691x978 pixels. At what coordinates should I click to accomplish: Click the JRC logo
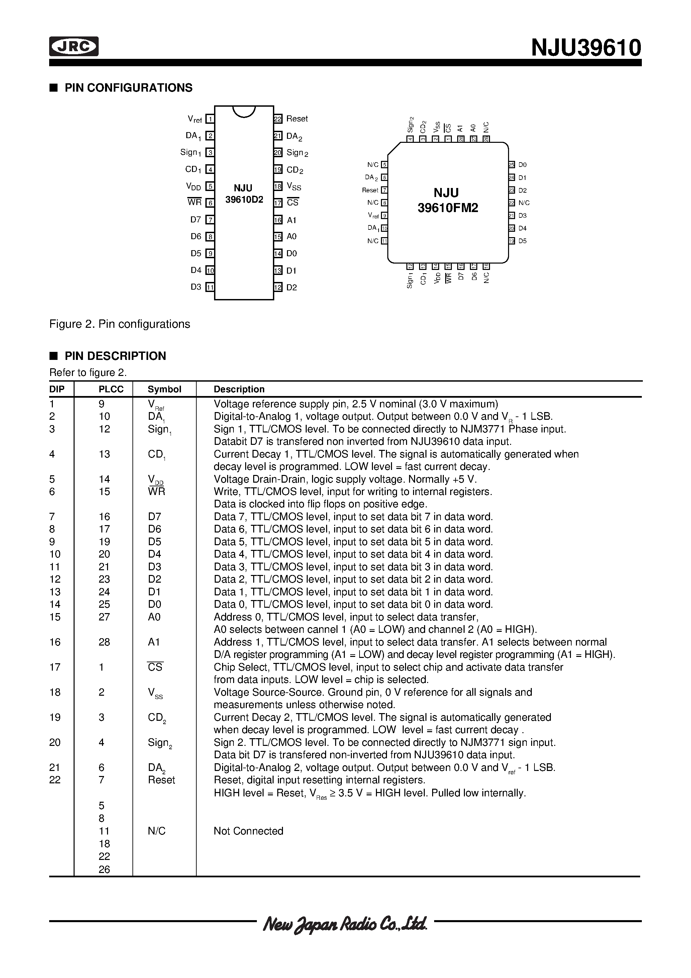(74, 47)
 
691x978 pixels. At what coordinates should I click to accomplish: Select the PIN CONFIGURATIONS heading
(128, 88)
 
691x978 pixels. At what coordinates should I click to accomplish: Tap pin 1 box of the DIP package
(210, 119)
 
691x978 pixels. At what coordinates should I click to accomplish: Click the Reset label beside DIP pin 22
(297, 119)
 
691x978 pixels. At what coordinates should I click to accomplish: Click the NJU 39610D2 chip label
(244, 194)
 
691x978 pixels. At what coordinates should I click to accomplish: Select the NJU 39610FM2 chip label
(447, 201)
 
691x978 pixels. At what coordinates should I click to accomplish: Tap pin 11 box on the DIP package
(210, 287)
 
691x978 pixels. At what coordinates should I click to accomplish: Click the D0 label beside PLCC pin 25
(522, 165)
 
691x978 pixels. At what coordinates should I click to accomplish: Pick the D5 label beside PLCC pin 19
(522, 241)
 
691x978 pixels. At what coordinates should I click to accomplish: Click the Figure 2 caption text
(120, 324)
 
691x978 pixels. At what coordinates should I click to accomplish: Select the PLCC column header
(111, 389)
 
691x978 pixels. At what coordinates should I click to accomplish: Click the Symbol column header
(165, 389)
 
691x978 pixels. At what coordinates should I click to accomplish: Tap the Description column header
(239, 389)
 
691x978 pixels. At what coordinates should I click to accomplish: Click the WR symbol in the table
(156, 492)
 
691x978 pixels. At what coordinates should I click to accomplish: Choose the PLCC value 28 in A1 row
(104, 642)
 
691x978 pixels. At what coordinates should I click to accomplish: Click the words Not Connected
(249, 831)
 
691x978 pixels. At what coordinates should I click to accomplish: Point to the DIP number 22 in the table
(55, 780)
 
